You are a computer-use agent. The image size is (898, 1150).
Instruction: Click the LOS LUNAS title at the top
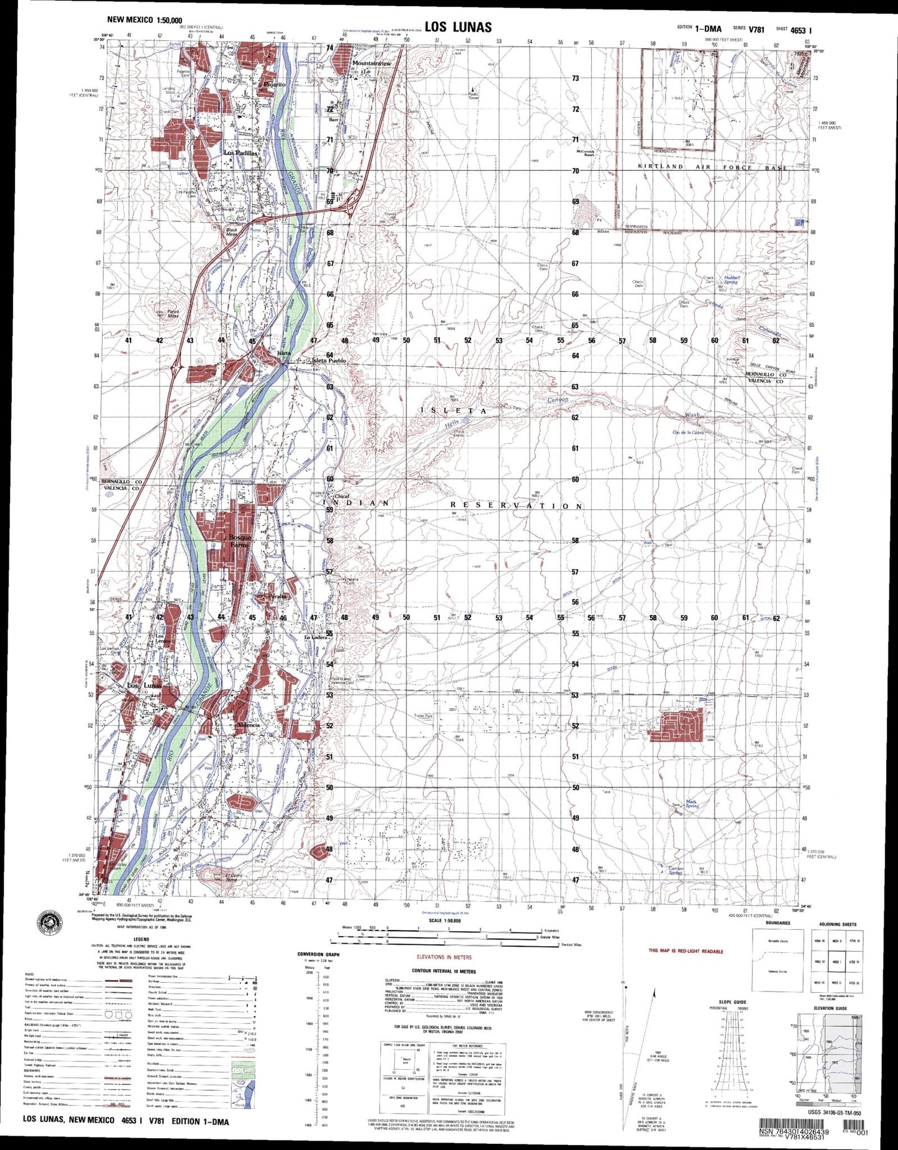(x=458, y=27)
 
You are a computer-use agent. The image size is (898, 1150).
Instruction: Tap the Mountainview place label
(x=372, y=63)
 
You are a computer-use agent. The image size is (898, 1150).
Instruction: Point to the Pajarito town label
(x=274, y=84)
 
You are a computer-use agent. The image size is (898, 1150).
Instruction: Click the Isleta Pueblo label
(x=329, y=361)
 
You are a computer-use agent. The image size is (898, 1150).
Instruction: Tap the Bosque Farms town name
(x=240, y=540)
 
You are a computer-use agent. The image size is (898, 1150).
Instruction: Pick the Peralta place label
(x=277, y=596)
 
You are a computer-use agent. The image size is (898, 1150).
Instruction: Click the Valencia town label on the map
(x=249, y=725)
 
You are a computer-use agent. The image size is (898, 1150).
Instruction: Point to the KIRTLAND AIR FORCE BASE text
(x=712, y=167)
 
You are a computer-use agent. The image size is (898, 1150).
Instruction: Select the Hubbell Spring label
(x=731, y=280)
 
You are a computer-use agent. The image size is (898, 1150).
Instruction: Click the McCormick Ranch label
(x=585, y=153)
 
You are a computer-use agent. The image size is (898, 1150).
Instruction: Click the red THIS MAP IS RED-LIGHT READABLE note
(x=685, y=951)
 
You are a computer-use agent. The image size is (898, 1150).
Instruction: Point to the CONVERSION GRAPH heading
(x=318, y=954)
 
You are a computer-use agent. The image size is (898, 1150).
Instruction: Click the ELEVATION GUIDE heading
(x=830, y=1008)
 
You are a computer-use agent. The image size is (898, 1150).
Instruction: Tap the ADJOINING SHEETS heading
(x=836, y=924)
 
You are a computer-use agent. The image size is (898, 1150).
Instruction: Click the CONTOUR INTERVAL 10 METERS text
(x=444, y=971)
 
